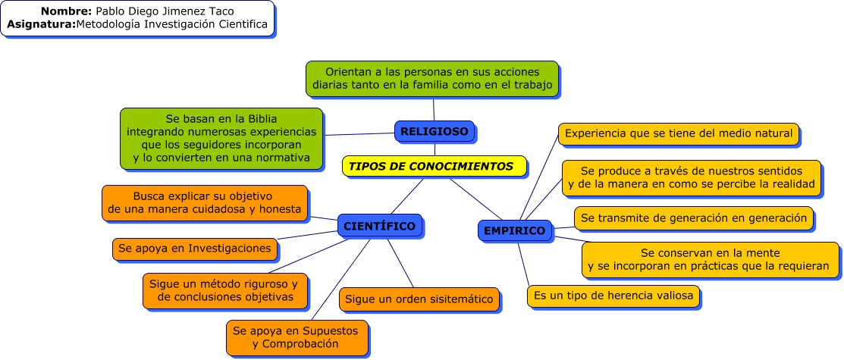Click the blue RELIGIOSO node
(x=435, y=131)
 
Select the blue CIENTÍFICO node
(x=379, y=226)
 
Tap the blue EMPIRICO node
(x=514, y=230)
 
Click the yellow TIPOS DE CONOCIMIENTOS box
(x=433, y=166)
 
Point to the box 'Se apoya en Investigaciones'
(x=195, y=249)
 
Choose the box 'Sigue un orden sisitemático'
(x=419, y=299)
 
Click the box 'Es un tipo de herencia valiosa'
(x=613, y=296)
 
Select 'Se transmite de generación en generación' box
(x=693, y=218)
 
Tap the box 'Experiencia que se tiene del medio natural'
(x=678, y=134)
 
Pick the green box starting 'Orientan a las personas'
(x=431, y=79)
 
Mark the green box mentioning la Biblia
(x=221, y=138)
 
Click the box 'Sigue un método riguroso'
(x=224, y=290)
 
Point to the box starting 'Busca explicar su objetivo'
(x=205, y=202)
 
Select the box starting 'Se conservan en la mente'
(x=710, y=259)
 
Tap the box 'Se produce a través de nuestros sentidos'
(x=691, y=177)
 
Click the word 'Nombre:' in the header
(x=67, y=11)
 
